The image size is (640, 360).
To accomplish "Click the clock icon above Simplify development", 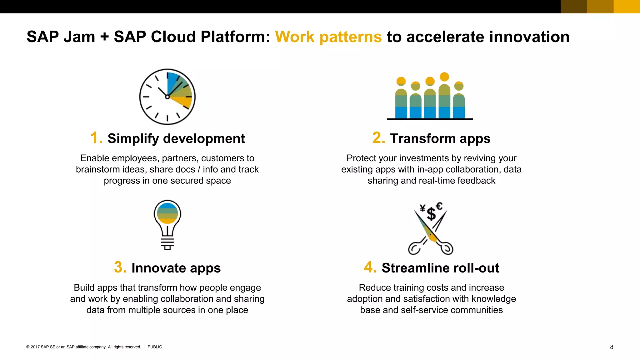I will point(167,97).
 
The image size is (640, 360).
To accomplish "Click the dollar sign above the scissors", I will point(431,214).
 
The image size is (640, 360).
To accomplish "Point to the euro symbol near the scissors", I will point(439,206).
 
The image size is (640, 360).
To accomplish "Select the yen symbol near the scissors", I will point(422,208).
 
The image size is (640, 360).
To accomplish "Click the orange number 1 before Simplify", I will point(96,138).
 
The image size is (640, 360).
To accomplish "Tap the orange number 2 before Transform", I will point(378,138).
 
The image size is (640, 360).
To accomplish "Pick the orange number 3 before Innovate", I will point(120,267).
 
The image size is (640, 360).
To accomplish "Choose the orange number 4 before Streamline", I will point(370,267).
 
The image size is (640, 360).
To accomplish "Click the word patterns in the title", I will point(350,37).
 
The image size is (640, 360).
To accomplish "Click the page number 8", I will point(612,347).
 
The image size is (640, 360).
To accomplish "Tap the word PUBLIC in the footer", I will point(155,347).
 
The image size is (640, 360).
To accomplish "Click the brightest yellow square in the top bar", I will point(627,7).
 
